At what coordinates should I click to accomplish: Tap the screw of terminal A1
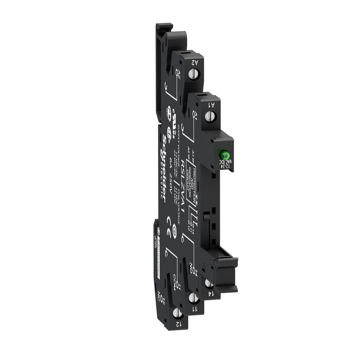(x=211, y=116)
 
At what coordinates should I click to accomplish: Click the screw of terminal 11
(x=192, y=297)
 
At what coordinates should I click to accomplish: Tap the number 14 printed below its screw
(x=210, y=294)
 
